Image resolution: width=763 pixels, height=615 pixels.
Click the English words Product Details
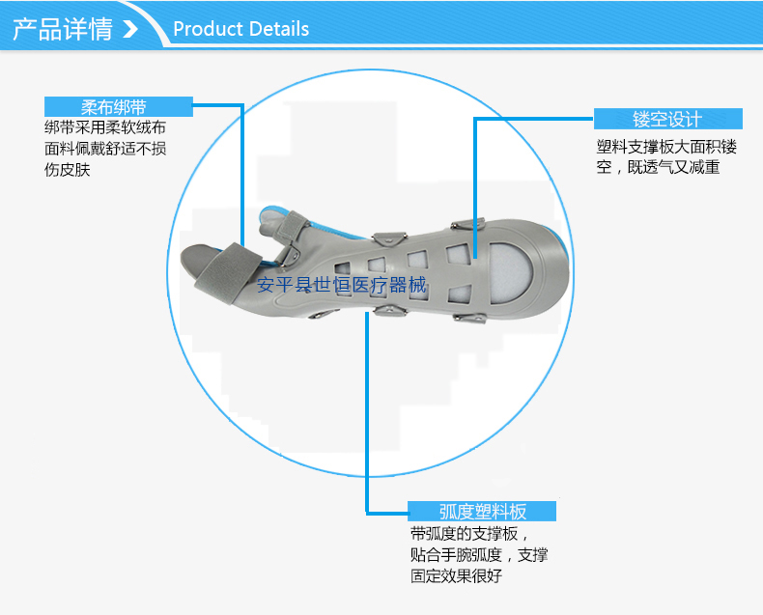pos(241,29)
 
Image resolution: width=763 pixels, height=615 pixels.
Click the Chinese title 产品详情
pos(62,28)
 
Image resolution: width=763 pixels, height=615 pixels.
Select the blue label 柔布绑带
pos(119,106)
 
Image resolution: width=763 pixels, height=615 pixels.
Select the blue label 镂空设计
pos(667,119)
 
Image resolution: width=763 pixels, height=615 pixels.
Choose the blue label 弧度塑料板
pos(482,512)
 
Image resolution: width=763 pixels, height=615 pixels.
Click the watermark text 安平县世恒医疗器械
pos(341,285)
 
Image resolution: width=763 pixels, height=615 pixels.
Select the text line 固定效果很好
pos(456,576)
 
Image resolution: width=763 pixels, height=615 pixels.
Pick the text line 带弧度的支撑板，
pos(469,534)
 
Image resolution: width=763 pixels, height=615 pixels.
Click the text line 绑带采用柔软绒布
pos(105,127)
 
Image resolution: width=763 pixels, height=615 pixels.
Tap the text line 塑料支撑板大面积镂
pos(666,147)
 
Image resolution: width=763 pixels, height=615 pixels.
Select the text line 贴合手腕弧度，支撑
pos(479,555)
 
